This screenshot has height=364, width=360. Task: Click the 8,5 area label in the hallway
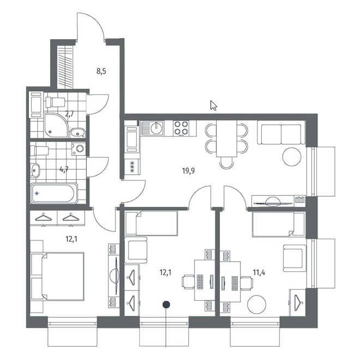point(101,71)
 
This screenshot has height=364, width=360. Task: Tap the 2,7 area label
point(69,114)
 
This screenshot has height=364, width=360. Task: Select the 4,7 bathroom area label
point(64,169)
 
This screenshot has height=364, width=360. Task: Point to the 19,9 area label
point(188,171)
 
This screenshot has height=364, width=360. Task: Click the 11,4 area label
point(259,272)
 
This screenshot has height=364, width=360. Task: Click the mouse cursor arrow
point(213,105)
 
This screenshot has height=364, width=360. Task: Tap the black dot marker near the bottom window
point(166,305)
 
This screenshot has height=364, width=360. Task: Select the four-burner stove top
point(181,128)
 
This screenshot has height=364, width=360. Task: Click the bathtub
point(54,193)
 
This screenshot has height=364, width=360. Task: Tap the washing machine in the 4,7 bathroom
point(79,149)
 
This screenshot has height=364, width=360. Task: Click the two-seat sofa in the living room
point(281,134)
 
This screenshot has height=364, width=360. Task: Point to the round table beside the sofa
point(292,157)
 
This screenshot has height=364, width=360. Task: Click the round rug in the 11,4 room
point(256,305)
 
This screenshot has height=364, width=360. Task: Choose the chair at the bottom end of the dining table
point(226,163)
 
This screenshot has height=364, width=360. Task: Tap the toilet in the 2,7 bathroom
point(55,102)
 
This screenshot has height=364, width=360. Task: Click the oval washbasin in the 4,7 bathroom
point(35,171)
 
